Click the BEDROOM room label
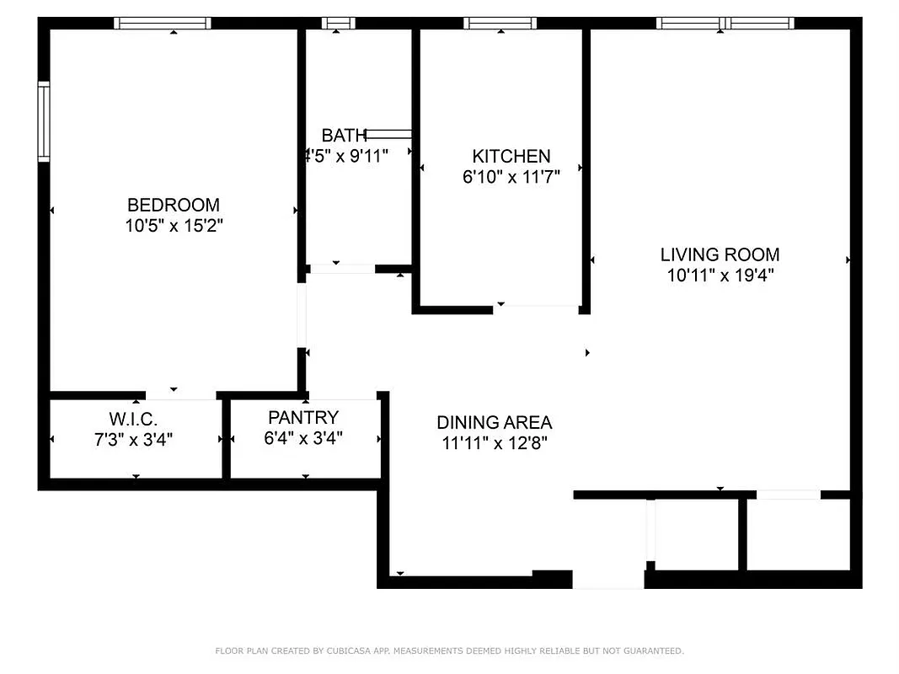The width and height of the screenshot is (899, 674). click(x=173, y=205)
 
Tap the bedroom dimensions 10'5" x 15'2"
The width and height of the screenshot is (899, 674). click(x=173, y=226)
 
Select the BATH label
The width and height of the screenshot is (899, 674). click(x=344, y=136)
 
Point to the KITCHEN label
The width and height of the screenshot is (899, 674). click(x=511, y=156)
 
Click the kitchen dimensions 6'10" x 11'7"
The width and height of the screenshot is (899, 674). click(x=511, y=177)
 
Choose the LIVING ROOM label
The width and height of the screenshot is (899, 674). click(x=720, y=254)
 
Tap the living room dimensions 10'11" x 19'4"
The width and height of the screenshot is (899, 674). click(x=720, y=275)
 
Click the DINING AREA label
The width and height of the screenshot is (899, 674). click(x=495, y=423)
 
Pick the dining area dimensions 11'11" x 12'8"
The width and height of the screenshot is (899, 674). click(x=495, y=444)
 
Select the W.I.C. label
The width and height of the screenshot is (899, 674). click(x=133, y=418)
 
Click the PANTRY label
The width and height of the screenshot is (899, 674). click(x=303, y=417)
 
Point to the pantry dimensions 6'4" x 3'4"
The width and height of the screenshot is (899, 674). click(x=303, y=438)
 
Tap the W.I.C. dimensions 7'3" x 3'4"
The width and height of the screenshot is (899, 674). click(x=133, y=439)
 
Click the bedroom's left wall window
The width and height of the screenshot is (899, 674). click(x=44, y=121)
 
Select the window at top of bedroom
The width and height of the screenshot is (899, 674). click(x=163, y=24)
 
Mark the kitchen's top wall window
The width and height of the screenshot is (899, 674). click(x=500, y=24)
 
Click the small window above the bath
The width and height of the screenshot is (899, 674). click(x=339, y=24)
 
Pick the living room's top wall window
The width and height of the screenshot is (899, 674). click(x=725, y=24)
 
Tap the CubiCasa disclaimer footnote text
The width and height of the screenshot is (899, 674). click(x=449, y=650)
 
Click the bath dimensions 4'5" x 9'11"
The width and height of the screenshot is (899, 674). click(x=345, y=156)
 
